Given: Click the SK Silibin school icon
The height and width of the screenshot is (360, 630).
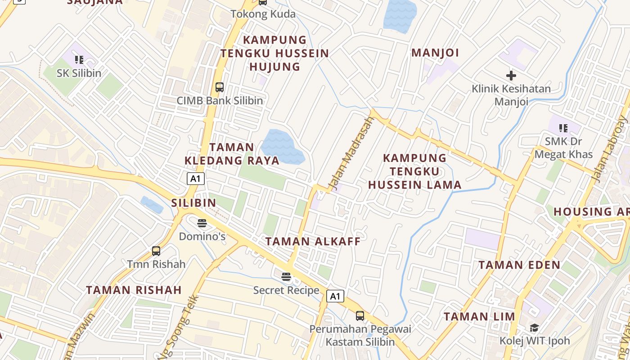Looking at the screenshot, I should click(79, 59).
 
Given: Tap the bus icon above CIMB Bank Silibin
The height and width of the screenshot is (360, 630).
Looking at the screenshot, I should click(219, 87).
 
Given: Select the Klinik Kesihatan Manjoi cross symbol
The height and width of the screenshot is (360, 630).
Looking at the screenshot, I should click(511, 75).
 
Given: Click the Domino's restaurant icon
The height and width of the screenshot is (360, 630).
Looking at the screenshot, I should click(202, 223).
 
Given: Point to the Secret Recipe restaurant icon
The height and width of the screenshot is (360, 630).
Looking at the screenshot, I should click(286, 277).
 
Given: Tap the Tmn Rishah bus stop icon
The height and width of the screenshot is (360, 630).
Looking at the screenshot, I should click(156, 251).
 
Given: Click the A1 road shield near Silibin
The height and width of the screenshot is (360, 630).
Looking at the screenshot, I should click(196, 179).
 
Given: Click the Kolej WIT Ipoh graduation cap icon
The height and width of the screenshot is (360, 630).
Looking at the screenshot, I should click(534, 328).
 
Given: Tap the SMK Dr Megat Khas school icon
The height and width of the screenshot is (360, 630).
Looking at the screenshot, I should click(563, 128).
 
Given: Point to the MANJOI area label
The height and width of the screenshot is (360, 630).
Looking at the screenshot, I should click(435, 53).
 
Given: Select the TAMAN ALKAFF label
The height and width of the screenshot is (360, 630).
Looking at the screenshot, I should click(313, 242).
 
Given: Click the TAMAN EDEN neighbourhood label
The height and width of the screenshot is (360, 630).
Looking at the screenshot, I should click(519, 265).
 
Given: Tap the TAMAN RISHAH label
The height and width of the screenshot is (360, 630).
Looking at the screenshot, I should click(134, 290).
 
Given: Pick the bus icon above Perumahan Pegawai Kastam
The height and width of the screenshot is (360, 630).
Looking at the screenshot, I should click(360, 315).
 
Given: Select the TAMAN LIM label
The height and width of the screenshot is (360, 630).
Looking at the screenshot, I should click(479, 317).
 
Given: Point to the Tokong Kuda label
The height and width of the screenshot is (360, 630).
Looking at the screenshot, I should click(263, 14).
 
